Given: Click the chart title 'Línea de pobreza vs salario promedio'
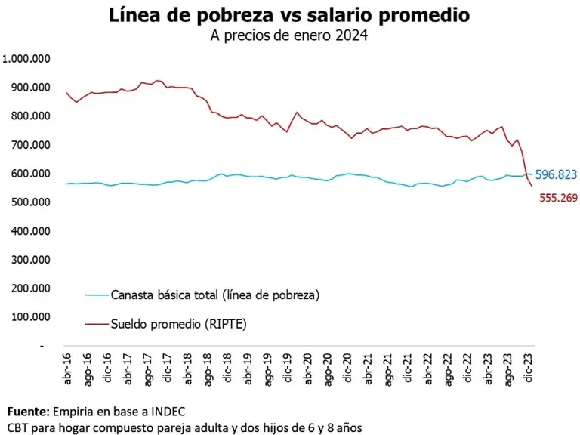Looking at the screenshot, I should pyautogui.click(x=289, y=15).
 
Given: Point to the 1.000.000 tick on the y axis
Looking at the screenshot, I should pyautogui.click(x=27, y=59).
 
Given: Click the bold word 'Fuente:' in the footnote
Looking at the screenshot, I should pyautogui.click(x=27, y=412).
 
